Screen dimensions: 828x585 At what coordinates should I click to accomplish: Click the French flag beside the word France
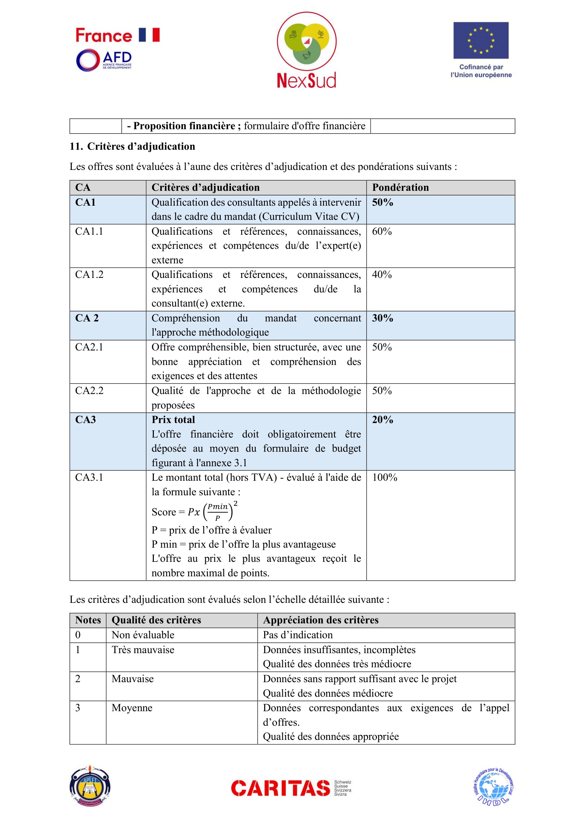tap(149, 35)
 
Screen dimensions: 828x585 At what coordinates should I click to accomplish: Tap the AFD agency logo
tap(104, 60)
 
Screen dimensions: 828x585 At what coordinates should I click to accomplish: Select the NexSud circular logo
tap(307, 41)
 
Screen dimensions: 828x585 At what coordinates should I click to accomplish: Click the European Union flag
tap(481, 40)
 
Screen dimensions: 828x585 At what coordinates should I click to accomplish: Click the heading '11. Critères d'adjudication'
tap(132, 147)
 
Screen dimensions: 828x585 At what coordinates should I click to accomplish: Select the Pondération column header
tap(400, 188)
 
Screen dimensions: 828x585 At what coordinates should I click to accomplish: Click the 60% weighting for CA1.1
tap(382, 232)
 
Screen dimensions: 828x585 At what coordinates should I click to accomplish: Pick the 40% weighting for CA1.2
tap(382, 275)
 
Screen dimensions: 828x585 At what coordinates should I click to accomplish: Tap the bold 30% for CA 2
tap(383, 318)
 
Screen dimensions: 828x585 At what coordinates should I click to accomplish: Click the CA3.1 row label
tap(89, 478)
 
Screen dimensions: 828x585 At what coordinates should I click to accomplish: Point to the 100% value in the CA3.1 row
tap(385, 478)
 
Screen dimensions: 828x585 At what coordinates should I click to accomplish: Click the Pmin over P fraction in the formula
tap(218, 512)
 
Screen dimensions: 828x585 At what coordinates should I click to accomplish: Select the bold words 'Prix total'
tap(173, 420)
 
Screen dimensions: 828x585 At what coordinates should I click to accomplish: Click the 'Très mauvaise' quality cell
tap(143, 650)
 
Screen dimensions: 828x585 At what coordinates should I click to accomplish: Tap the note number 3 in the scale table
tap(78, 708)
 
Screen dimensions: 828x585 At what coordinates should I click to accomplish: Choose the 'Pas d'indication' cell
tap(298, 635)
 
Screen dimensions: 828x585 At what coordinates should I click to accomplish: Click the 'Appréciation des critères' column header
tap(321, 620)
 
